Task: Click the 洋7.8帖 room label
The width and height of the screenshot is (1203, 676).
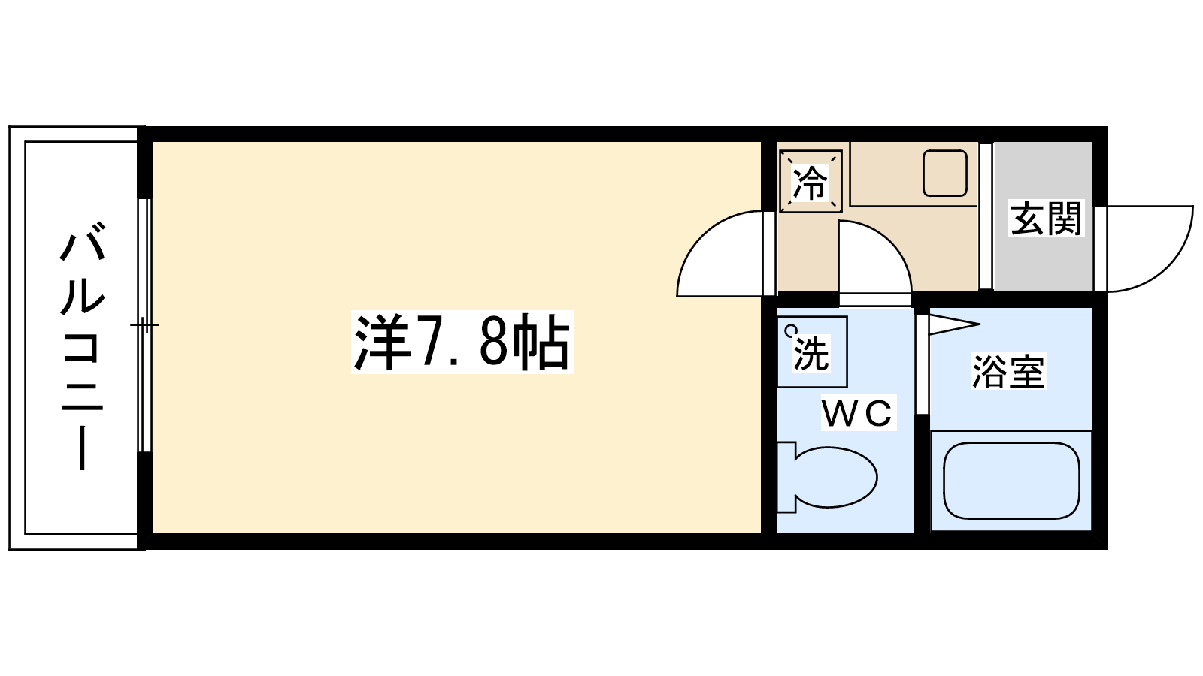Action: pos(462,343)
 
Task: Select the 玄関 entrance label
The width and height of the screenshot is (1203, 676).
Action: pos(1045,219)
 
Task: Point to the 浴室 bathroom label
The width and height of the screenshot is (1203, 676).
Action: pos(1008,372)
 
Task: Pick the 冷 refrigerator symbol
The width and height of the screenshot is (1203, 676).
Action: pos(810,182)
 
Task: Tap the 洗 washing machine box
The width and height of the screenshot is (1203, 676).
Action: pos(812,352)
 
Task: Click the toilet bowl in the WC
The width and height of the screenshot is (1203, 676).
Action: pos(835,477)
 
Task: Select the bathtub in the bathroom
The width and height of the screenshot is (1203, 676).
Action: pos(1011,481)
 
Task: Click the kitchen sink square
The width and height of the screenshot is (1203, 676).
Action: pos(944,173)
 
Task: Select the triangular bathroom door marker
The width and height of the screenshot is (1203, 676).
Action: pos(952,324)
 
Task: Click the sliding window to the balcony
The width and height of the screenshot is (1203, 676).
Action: pos(145,324)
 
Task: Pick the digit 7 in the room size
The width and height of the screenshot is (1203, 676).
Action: pos(434,343)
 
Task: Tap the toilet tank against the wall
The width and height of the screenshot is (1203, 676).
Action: pos(786,477)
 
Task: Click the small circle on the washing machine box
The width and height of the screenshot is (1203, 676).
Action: pos(789,330)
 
